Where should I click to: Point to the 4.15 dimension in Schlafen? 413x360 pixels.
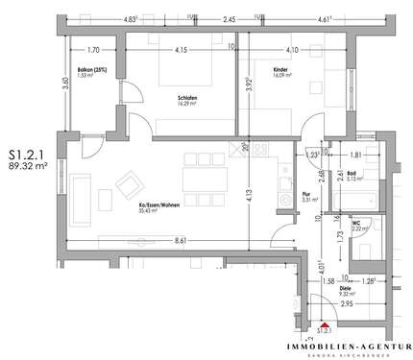(181, 51)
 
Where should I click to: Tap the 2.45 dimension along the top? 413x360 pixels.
(230, 18)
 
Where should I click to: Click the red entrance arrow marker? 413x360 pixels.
(326, 324)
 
